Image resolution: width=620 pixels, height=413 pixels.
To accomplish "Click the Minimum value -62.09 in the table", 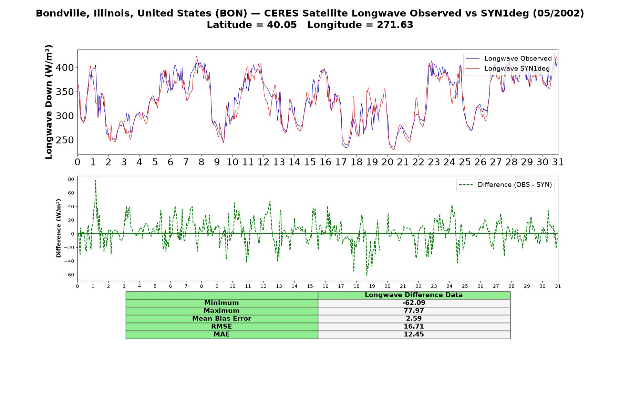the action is click(414, 303).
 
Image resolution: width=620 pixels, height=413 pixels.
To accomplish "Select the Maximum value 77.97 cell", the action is click(414, 311).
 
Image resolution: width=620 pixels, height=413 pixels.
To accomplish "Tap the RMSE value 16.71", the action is click(414, 327).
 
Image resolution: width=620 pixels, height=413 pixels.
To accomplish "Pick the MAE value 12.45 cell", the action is click(414, 335).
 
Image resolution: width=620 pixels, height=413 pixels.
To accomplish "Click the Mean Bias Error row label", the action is click(221, 319).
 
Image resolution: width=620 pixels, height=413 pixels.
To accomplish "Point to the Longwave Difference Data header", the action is click(414, 295).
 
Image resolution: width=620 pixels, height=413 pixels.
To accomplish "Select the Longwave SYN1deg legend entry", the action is click(507, 68).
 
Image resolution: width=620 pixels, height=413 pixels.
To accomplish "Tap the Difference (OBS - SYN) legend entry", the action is click(505, 185).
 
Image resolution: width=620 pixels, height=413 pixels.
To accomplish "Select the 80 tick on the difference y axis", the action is click(71, 179).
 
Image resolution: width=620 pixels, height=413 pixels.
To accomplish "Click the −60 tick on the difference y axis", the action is click(69, 275).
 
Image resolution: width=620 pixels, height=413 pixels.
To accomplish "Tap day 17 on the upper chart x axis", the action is click(341, 162).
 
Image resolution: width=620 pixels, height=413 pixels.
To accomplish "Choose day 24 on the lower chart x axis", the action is click(449, 286).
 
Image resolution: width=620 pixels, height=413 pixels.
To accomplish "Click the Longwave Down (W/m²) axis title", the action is click(49, 102).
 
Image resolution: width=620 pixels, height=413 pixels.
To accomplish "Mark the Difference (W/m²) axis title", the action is click(59, 228).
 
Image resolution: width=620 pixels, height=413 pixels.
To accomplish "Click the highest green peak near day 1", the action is click(95, 180).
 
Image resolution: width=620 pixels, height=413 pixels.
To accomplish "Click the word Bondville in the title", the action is click(58, 13).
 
